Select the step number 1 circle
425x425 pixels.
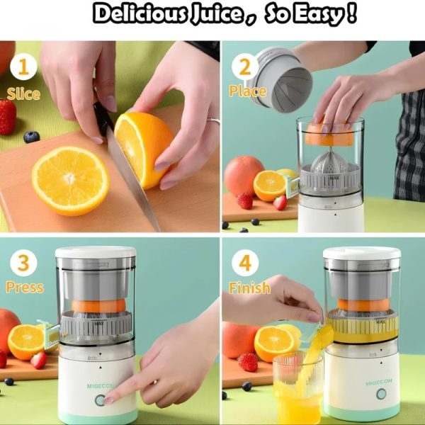click(23, 68)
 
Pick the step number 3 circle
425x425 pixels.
click(23, 263)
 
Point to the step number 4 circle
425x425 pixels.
click(245, 263)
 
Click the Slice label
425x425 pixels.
click(23, 93)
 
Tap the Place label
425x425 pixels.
click(247, 91)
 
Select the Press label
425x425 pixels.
click(25, 288)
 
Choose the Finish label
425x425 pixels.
click(249, 288)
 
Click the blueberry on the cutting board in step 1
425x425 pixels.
click(31, 137)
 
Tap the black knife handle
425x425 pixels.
click(103, 117)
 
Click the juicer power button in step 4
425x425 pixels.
click(382, 394)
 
